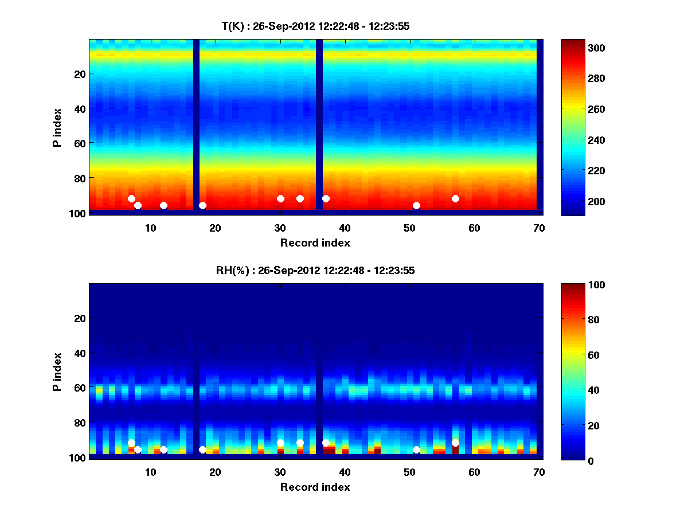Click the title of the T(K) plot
point(315,26)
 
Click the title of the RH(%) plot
point(315,270)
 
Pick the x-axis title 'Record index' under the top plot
point(315,243)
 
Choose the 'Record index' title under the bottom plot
point(315,487)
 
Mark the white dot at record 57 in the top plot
point(455,198)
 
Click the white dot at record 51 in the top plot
point(416,205)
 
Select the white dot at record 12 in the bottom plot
point(163,449)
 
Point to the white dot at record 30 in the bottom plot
point(280,443)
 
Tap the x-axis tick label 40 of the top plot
point(345,228)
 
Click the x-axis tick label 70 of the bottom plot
point(539,472)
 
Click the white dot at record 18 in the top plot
point(202,205)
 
